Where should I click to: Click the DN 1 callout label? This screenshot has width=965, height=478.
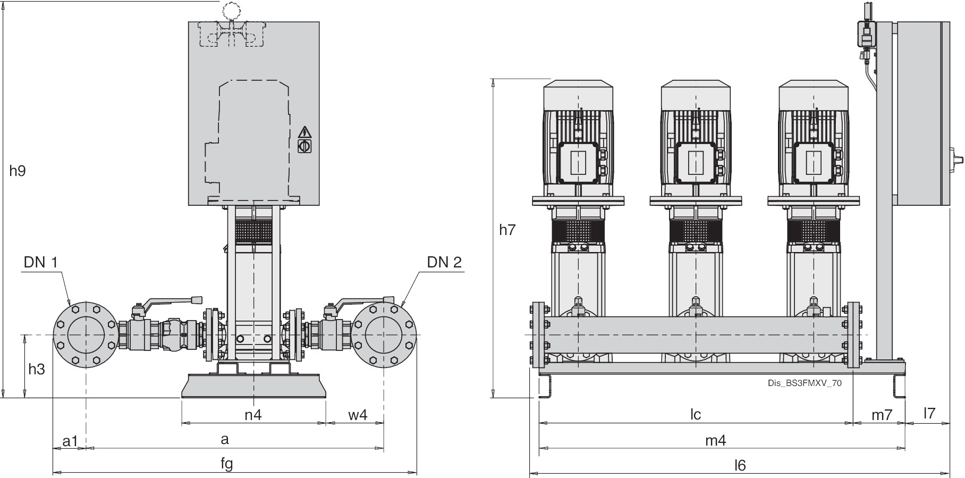coord(40,262)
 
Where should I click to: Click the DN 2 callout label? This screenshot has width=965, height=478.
coord(444,262)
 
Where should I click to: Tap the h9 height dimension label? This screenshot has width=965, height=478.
coord(18,171)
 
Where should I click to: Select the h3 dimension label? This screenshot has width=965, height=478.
coord(37,369)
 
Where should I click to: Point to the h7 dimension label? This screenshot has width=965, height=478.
coord(507,230)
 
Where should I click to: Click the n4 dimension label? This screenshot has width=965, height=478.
coord(253,415)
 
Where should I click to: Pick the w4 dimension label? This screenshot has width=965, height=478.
coord(358,415)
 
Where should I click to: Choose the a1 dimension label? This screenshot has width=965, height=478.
coord(70,440)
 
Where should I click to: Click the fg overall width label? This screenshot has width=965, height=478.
coord(227,464)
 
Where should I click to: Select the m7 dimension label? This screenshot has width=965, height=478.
coord(882,415)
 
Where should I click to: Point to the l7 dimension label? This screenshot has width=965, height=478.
coord(929,413)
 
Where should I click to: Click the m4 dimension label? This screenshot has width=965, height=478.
coord(715,440)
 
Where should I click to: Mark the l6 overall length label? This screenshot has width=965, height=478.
coord(740,465)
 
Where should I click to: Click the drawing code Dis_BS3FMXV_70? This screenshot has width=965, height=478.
coord(805,383)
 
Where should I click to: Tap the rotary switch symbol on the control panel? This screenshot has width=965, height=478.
coord(305,146)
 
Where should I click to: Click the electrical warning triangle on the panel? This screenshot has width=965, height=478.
coord(305,131)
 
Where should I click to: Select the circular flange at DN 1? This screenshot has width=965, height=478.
coord(86,335)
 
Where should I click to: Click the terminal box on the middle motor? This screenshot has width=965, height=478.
coord(696,162)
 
